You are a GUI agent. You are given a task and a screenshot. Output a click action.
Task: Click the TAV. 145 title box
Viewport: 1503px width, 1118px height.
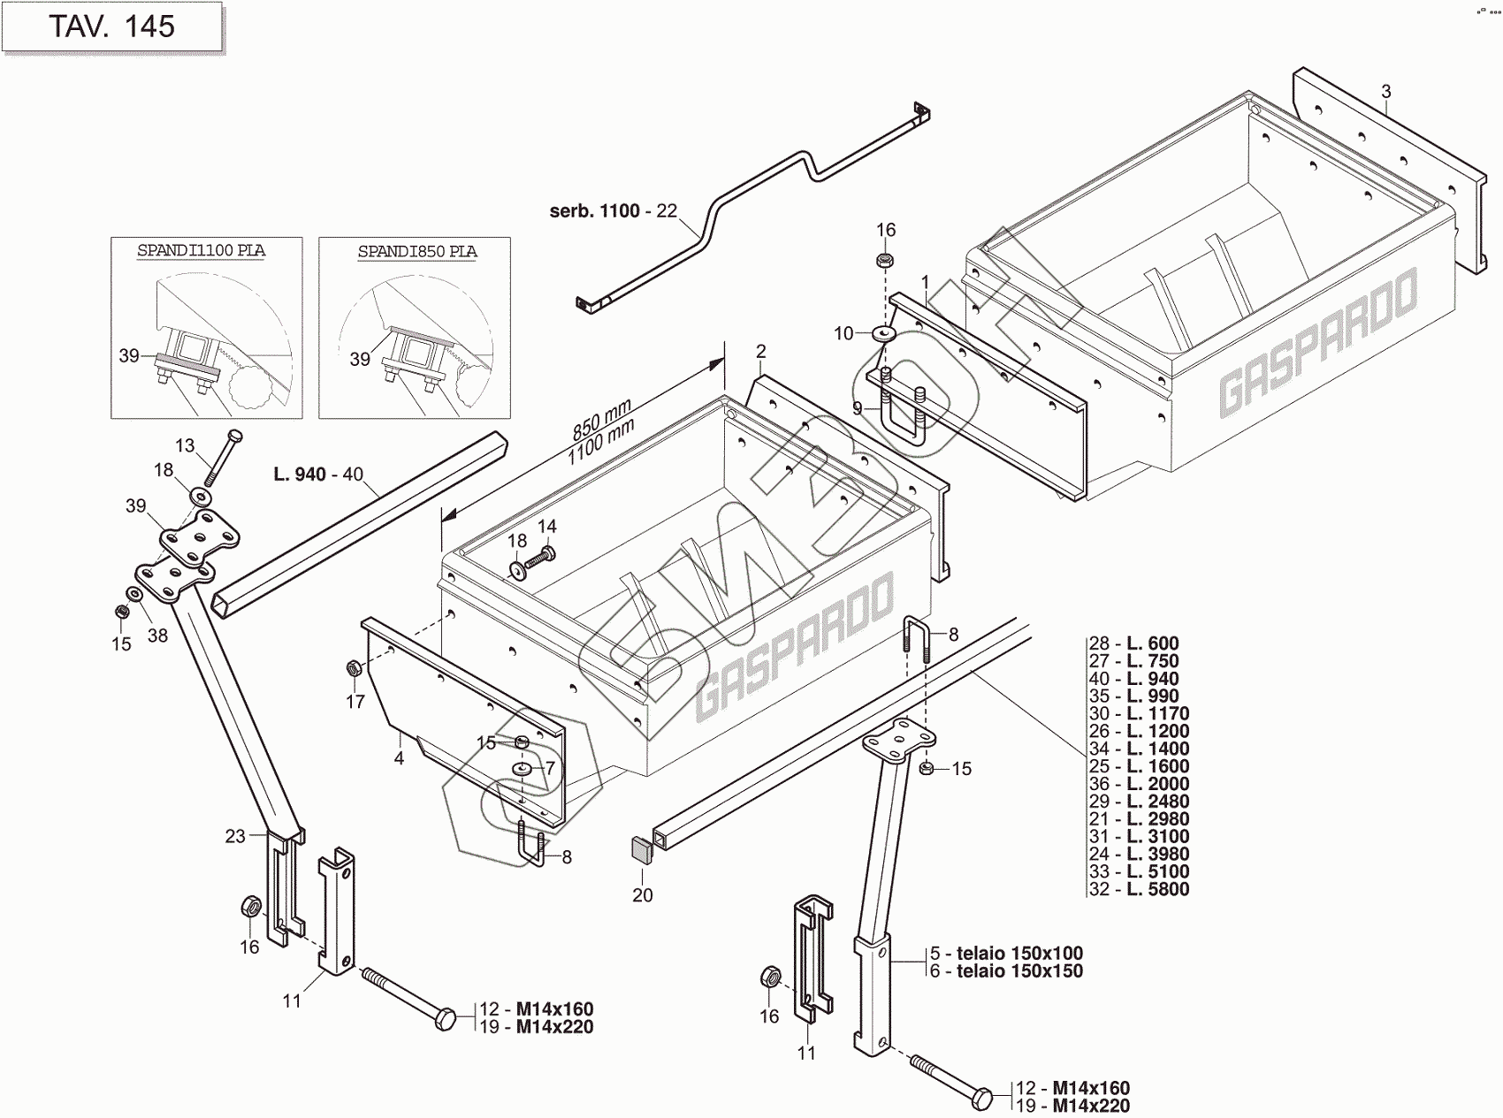[x=111, y=27]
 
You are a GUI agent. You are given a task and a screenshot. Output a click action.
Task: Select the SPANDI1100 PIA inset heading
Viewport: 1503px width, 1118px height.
[x=201, y=251]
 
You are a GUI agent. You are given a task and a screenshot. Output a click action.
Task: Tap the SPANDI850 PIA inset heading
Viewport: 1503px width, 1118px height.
[x=416, y=252]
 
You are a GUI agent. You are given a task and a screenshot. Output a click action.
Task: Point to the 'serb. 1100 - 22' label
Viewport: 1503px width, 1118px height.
[x=613, y=211]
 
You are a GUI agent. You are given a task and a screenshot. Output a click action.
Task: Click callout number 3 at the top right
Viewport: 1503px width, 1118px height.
[x=1385, y=91]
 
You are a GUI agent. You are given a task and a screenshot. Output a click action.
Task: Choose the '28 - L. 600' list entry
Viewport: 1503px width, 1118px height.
[x=1134, y=643]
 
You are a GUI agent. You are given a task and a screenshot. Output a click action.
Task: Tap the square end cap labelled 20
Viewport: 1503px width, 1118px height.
[x=641, y=849]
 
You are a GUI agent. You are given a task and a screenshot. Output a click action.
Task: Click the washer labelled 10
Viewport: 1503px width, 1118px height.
[x=883, y=333]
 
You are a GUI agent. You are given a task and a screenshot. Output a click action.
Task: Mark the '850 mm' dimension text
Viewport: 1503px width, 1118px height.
[x=601, y=418]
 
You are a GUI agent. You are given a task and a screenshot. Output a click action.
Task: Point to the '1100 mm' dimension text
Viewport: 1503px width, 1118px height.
[x=601, y=439]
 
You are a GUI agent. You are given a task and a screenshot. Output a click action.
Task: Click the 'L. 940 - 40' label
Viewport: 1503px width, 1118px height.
[x=318, y=475]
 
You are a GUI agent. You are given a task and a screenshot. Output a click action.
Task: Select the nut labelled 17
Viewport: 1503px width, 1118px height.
[x=352, y=667]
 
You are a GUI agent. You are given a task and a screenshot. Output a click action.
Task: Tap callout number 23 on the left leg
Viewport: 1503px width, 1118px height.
[x=235, y=836]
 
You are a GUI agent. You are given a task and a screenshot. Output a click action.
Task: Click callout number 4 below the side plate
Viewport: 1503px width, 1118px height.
[x=399, y=757]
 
